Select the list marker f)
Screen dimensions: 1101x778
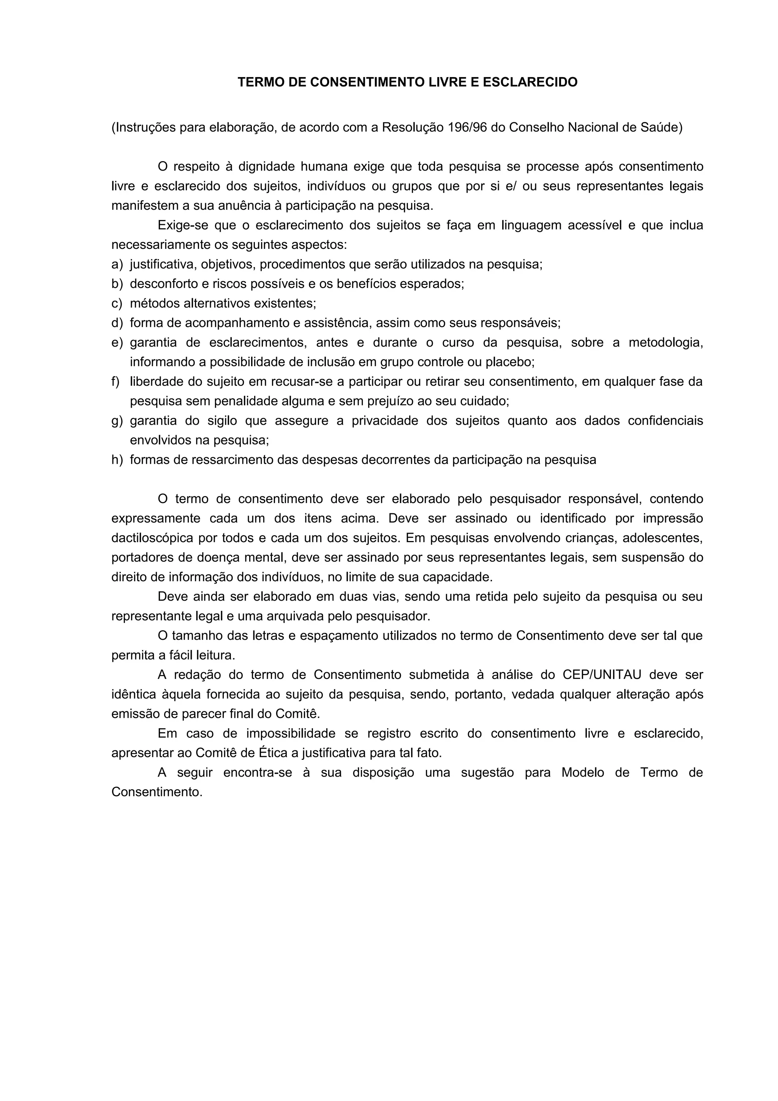point(115,382)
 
